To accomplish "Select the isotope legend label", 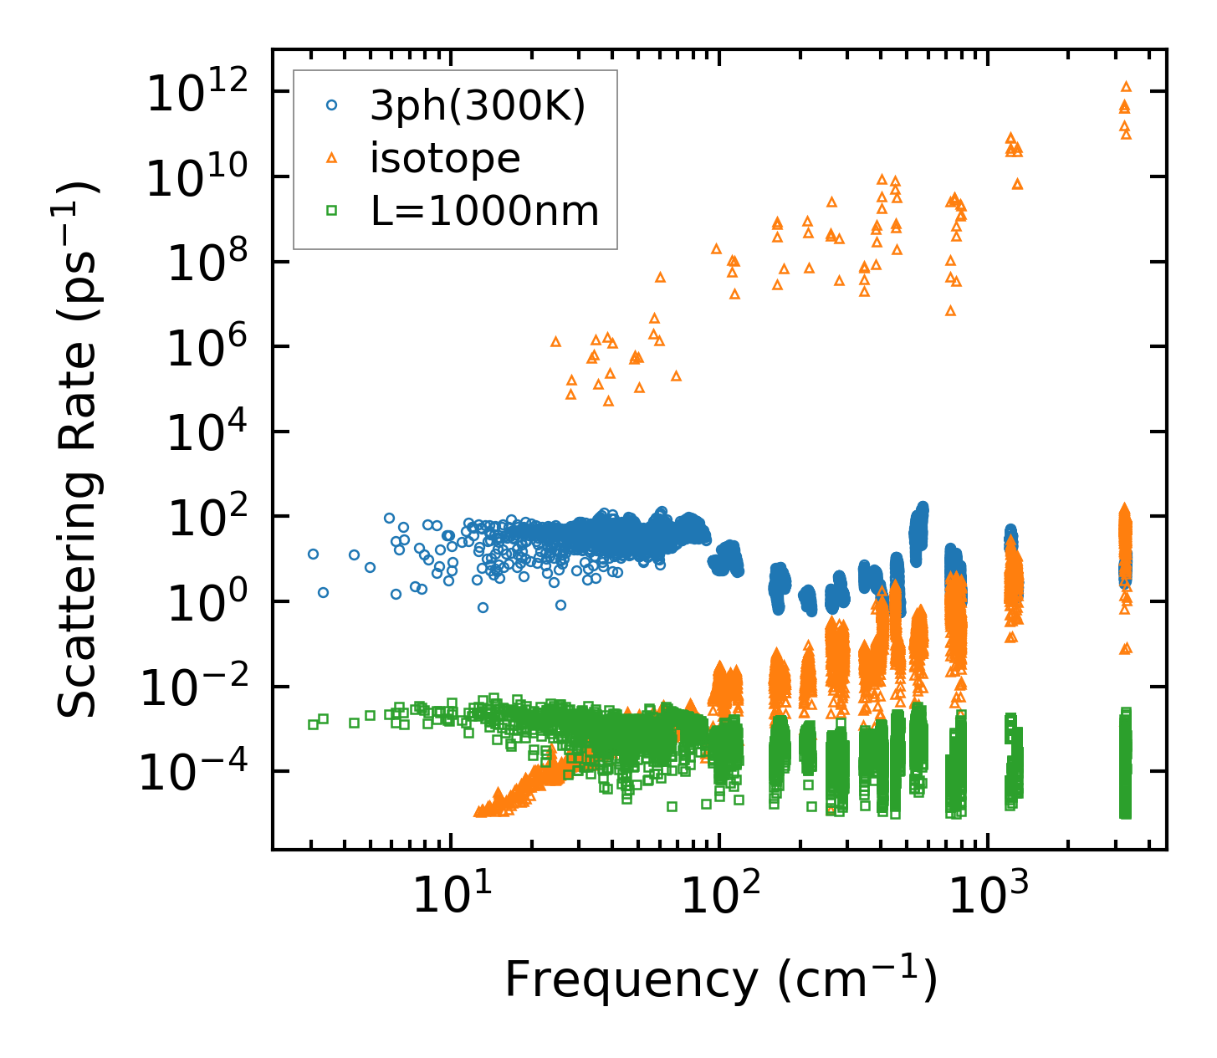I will (445, 158).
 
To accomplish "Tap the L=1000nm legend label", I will (485, 212).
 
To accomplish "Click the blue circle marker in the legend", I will (332, 105).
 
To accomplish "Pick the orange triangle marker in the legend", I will (332, 158).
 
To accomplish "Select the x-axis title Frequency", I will (720, 980).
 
